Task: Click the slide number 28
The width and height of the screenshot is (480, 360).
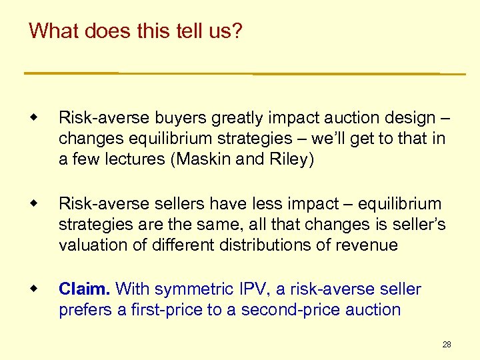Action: [447, 345]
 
